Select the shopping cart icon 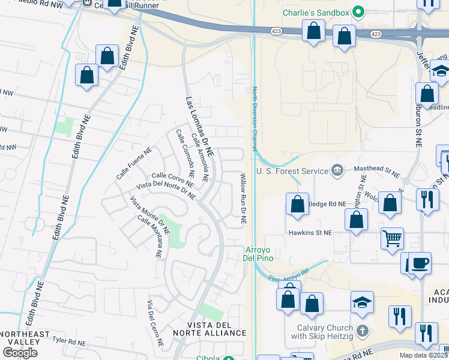(392, 238)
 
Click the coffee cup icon (420, 263)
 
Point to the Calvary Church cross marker (362, 331)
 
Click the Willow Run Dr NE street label (244, 199)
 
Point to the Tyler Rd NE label (68, 340)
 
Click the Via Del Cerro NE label (155, 323)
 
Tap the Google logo (20, 353)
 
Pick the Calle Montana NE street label (150, 236)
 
